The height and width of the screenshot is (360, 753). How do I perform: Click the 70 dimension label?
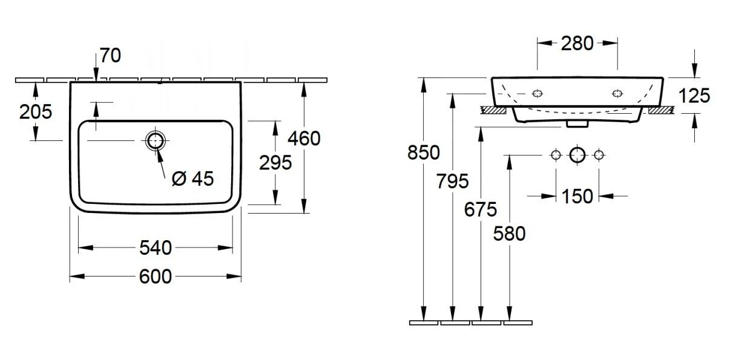pyautogui.click(x=111, y=56)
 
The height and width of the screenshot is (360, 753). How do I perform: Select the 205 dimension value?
pyautogui.click(x=36, y=111)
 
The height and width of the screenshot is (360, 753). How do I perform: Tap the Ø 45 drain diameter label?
pyautogui.click(x=193, y=178)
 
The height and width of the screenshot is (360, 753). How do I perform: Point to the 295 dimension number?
pyautogui.click(x=275, y=162)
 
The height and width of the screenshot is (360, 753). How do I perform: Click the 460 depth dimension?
pyautogui.click(x=304, y=139)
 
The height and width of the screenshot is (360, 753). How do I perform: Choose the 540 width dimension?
pyautogui.click(x=156, y=247)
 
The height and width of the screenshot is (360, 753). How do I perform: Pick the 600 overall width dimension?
pyautogui.click(x=156, y=277)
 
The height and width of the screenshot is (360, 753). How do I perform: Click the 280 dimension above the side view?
pyautogui.click(x=577, y=43)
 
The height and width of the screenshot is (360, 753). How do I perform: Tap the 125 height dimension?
pyautogui.click(x=694, y=96)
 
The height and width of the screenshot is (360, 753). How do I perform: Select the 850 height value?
pyautogui.click(x=423, y=152)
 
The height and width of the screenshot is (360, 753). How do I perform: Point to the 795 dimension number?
pyautogui.click(x=452, y=181)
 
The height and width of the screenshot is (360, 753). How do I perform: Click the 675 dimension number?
pyautogui.click(x=481, y=209)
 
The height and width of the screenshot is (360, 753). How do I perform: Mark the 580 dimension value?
pyautogui.click(x=510, y=233)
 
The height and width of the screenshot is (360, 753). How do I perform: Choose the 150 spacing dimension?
pyautogui.click(x=577, y=196)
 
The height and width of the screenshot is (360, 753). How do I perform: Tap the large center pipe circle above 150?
pyautogui.click(x=577, y=155)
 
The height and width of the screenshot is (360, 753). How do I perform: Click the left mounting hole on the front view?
pyautogui.click(x=537, y=93)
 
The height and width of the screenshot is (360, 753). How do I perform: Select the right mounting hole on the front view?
pyautogui.click(x=617, y=93)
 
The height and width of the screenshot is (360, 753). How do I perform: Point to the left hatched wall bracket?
pyautogui.click(x=493, y=111)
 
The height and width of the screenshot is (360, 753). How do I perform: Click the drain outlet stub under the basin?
pyautogui.click(x=577, y=123)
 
